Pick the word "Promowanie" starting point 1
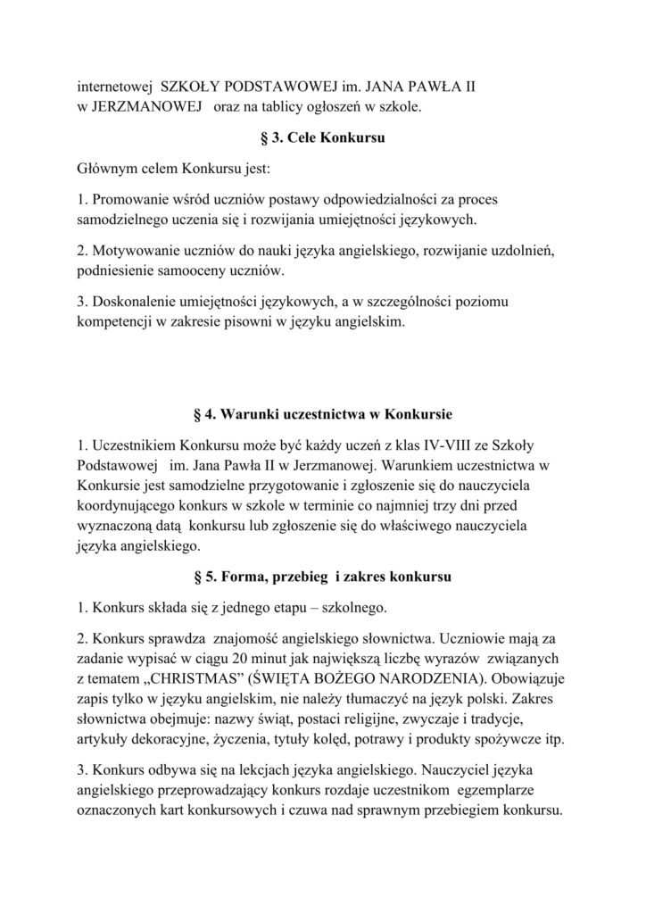pos(128,198)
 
